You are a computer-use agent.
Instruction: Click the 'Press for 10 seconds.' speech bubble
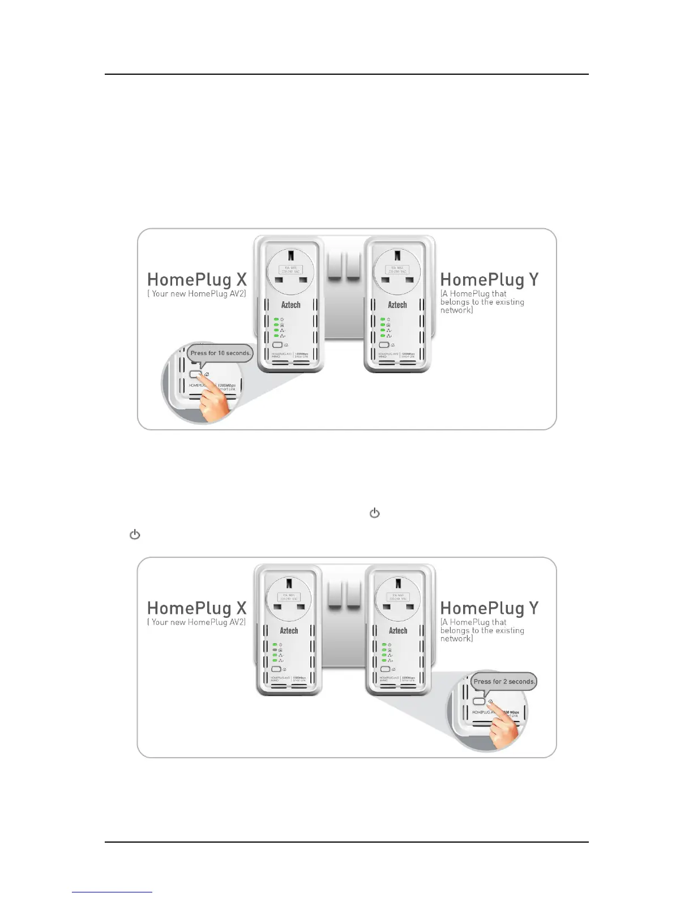coord(220,353)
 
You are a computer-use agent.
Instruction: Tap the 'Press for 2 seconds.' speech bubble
coord(503,681)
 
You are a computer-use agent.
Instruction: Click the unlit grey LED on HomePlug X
coord(275,650)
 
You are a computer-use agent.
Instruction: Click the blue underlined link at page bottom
coord(112,892)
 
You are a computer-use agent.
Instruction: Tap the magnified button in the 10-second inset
coord(195,374)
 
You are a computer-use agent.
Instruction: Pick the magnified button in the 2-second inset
coord(479,701)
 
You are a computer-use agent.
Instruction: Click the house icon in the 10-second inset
coord(207,374)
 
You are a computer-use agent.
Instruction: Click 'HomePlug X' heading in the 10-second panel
coord(196,280)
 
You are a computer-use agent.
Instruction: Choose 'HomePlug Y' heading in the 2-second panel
coord(489,608)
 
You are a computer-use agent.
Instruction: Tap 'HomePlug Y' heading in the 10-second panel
coord(489,280)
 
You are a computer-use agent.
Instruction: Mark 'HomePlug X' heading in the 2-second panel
coord(196,608)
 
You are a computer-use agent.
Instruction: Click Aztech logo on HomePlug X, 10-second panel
coord(291,305)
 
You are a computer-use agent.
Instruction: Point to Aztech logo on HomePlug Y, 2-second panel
coord(397,630)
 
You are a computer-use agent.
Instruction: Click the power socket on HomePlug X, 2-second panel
coord(289,599)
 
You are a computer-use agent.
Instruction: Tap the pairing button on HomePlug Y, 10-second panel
coord(384,345)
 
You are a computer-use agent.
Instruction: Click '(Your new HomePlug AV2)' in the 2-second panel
coord(196,622)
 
